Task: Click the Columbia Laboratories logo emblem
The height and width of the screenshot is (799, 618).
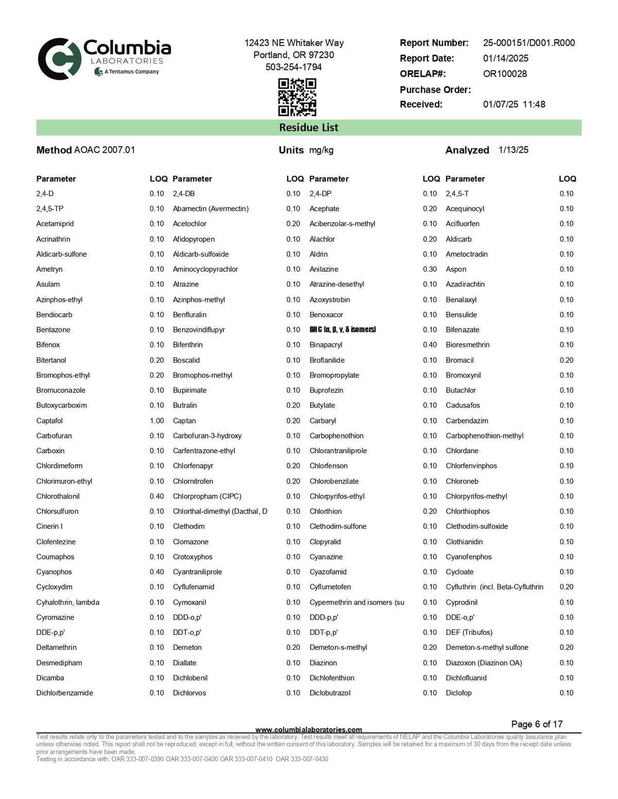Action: coord(59,59)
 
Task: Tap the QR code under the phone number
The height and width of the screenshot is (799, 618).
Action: coord(297,97)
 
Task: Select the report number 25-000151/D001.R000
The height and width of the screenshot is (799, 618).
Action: coord(528,43)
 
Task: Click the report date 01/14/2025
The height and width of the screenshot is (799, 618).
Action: coord(505,58)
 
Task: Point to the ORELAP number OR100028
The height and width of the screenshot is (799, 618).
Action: coord(505,74)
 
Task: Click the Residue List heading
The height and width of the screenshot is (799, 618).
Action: coord(308,128)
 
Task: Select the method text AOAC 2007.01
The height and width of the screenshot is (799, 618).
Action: coord(104,150)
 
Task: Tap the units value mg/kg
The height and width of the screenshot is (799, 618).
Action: coord(321,150)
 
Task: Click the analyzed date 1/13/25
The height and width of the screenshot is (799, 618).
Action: coord(513,150)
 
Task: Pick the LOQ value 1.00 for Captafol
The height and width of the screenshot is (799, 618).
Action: coord(157,421)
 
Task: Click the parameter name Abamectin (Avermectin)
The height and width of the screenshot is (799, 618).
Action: coord(211,209)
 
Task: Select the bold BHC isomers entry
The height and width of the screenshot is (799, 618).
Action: coord(342,330)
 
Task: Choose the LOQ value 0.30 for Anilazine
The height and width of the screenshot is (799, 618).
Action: coord(430,269)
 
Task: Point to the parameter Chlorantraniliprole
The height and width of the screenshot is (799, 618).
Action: coord(338,451)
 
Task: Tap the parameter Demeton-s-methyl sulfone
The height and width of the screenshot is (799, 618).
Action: coord(487,647)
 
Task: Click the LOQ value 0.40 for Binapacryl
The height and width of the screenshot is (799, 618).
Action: coord(430,345)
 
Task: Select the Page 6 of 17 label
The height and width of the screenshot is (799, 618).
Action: coord(537,724)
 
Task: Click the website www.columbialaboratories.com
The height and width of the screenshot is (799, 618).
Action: coord(308,730)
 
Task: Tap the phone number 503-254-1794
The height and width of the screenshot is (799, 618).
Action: coord(294,67)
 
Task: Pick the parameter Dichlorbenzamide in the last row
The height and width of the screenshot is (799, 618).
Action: coord(64,693)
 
